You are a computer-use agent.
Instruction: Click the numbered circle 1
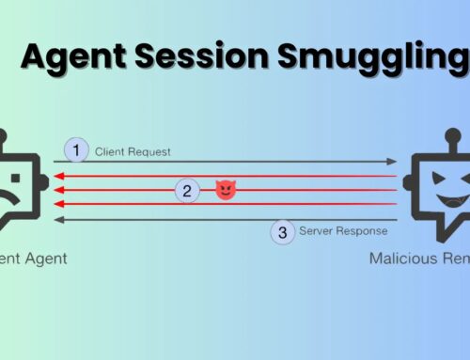76,149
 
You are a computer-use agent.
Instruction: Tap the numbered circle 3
282,232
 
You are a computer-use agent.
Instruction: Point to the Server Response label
343,230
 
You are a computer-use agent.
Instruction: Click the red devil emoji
226,191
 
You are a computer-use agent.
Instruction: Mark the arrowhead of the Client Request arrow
395,162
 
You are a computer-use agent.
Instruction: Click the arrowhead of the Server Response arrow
57,219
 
